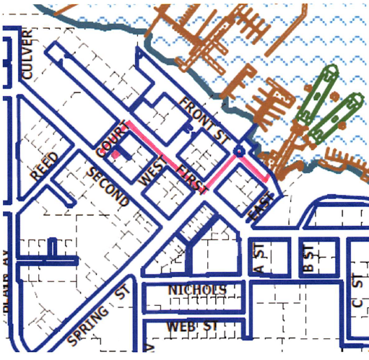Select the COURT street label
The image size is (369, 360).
click(110, 141)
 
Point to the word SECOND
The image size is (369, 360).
click(108, 187)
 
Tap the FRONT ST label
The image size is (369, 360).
click(204, 118)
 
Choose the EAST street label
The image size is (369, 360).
click(261, 207)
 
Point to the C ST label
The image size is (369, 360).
click(355, 291)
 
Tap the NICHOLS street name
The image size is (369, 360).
click(197, 290)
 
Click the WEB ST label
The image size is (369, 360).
click(192, 326)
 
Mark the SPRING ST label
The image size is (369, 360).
click(98, 316)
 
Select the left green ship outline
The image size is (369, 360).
click(318, 94)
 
